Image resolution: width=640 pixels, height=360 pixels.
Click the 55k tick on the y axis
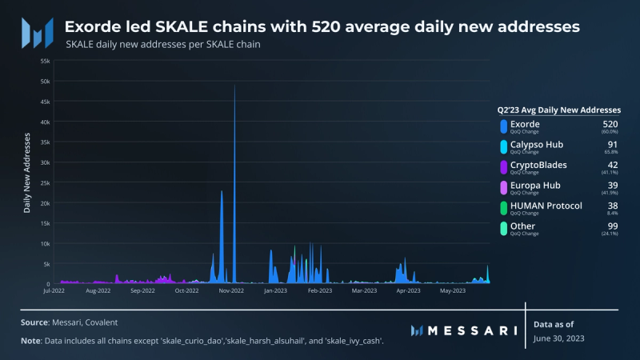[x=45, y=61]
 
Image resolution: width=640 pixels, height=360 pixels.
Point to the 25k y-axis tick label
[x=45, y=182]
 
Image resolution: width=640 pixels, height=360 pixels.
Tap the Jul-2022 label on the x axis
[x=54, y=291]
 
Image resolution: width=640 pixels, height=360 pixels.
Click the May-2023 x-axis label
[x=453, y=291]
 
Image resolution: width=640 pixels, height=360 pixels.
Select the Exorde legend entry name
[x=525, y=124]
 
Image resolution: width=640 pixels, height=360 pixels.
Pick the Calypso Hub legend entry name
[x=535, y=144]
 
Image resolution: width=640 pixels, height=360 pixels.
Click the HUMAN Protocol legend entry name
[x=546, y=206]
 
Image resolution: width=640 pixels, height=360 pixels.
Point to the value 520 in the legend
[x=610, y=124]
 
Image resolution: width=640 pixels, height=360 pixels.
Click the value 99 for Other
[x=613, y=226]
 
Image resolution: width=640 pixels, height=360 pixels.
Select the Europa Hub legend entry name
[x=534, y=185]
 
